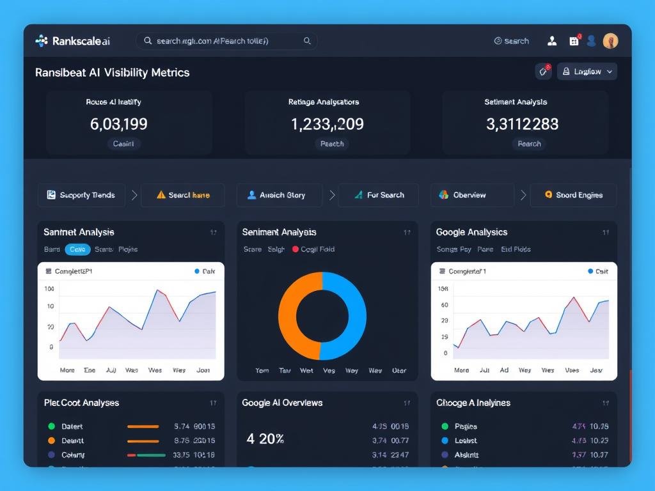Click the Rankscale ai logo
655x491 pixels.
pos(72,41)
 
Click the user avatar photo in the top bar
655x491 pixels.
pos(610,41)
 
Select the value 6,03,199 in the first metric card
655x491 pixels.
pos(119,124)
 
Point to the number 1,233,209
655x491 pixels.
pos(327,124)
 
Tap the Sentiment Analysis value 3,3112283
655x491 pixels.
pos(522,124)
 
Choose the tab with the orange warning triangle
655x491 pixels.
pos(183,195)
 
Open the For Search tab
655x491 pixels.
pos(378,195)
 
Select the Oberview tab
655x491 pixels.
pos(471,195)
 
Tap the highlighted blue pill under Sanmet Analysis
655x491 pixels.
pos(77,249)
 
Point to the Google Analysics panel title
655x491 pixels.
pos(471,232)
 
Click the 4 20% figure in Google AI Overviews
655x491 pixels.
pos(265,439)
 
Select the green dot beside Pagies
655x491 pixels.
pos(445,426)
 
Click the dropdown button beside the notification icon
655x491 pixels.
pos(587,72)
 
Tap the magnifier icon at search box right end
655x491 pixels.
pos(307,41)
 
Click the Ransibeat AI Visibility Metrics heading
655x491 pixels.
pos(113,72)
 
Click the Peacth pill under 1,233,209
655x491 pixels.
pos(332,144)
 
